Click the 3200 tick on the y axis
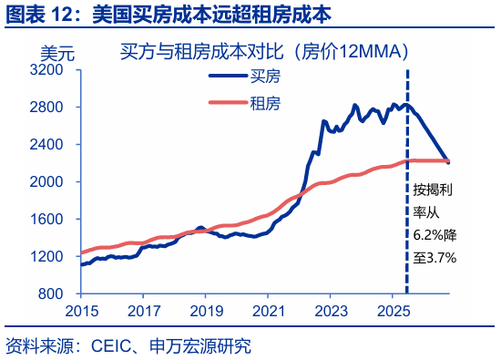click(x=52, y=69)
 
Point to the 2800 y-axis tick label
click(x=52, y=107)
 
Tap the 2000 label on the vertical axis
click(x=52, y=181)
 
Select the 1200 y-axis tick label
click(x=52, y=256)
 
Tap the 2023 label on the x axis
click(x=330, y=310)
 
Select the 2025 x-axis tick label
click(x=393, y=310)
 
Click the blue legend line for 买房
click(x=229, y=78)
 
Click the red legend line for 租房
click(x=229, y=102)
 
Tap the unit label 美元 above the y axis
click(x=56, y=52)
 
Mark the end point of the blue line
click(x=448, y=161)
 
